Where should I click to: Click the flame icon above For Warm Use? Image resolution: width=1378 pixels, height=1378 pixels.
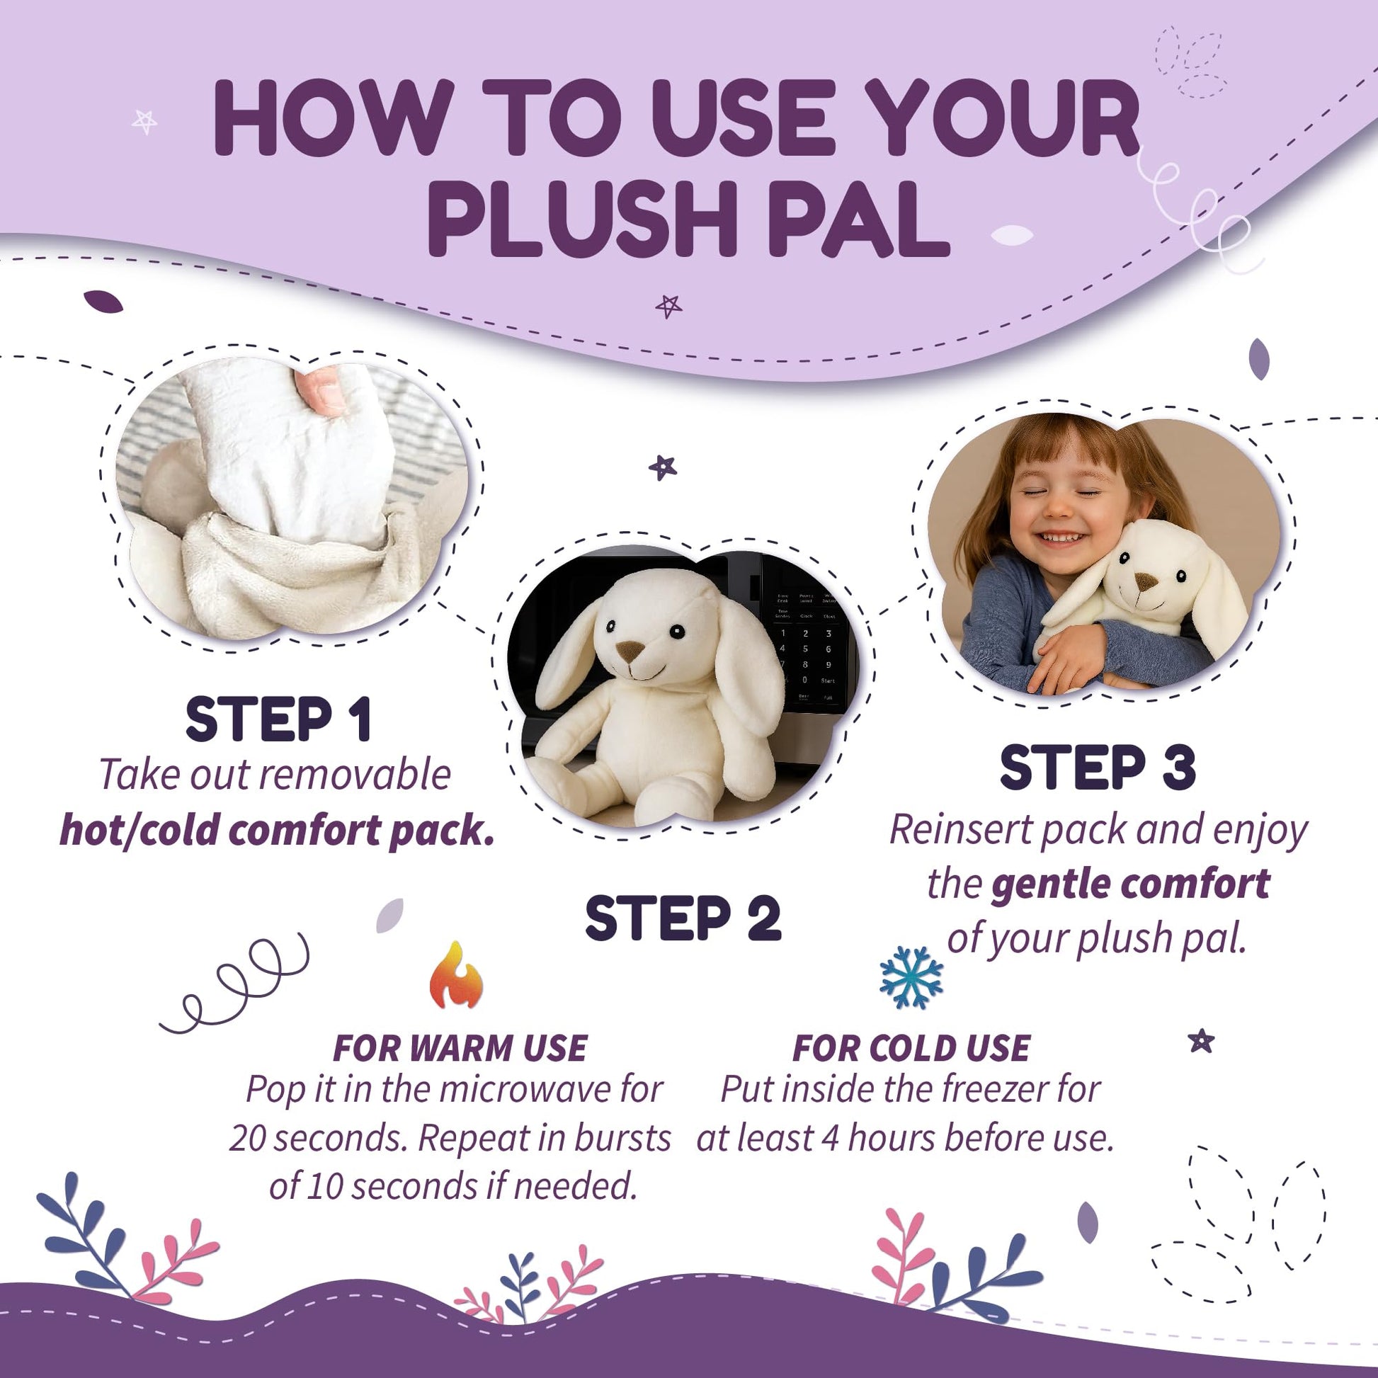[x=457, y=975]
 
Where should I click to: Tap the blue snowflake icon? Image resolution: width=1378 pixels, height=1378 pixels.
[x=911, y=977]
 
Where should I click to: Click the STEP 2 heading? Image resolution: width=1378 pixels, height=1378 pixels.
[x=683, y=918]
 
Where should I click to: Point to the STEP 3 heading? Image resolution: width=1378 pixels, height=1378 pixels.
[x=1098, y=768]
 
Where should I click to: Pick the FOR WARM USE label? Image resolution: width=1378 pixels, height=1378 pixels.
[x=460, y=1048]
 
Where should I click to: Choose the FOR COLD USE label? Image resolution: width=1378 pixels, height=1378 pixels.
[x=911, y=1048]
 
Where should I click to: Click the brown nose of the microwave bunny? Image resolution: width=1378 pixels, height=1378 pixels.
[x=630, y=651]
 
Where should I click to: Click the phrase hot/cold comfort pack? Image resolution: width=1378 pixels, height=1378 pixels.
[x=278, y=829]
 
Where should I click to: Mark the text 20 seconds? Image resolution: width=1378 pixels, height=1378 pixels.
[x=319, y=1139]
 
